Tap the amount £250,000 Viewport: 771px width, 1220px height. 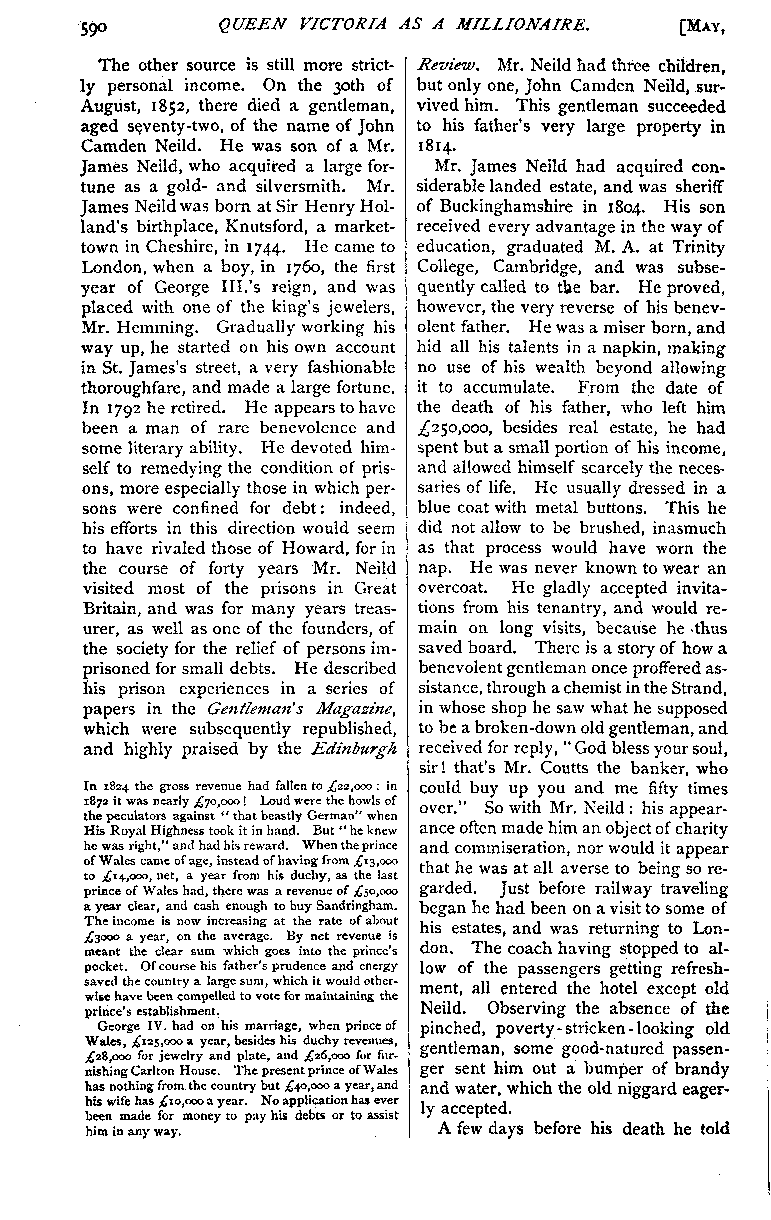pos(454,428)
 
